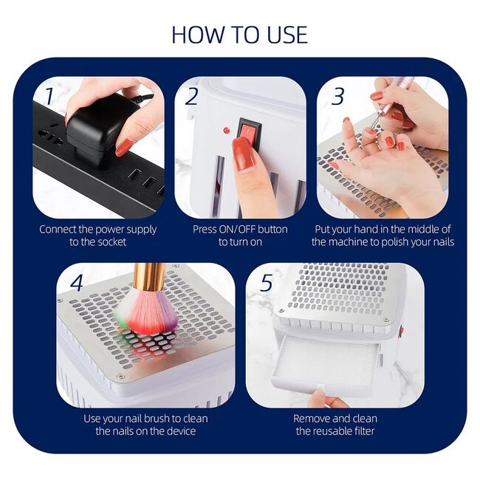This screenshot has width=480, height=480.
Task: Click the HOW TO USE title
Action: pos(240,34)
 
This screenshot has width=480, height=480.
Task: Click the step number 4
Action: pos(77,283)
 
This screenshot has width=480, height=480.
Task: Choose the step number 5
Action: pos(267,283)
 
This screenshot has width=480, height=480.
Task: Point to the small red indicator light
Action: pos(226,130)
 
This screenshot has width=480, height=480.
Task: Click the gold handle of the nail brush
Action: pos(149,277)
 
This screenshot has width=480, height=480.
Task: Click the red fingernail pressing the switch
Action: pos(244,153)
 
